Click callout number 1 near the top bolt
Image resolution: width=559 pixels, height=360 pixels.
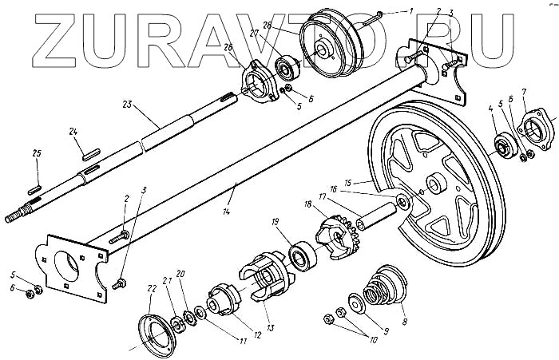[x=410, y=10]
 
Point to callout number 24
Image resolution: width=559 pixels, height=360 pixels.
[x=73, y=133]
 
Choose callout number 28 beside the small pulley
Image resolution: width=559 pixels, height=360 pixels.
[x=267, y=26]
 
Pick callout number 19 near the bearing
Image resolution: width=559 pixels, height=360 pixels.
[x=274, y=221]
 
